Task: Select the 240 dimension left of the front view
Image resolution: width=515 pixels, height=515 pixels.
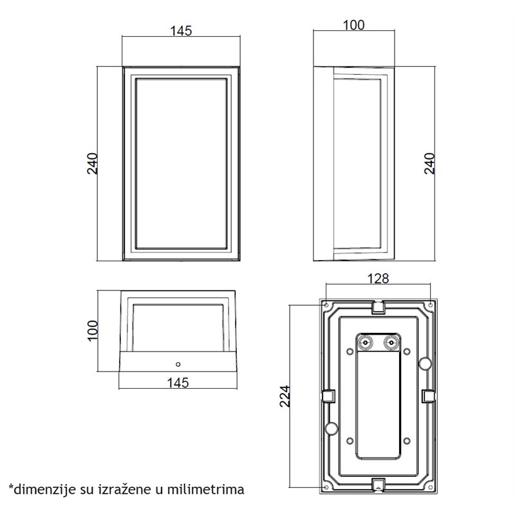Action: click(93, 164)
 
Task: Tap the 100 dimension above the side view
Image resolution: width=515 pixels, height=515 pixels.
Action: click(353, 25)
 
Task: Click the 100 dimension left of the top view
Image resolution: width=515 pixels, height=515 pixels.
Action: click(93, 330)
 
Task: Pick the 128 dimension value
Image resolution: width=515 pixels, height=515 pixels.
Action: click(377, 279)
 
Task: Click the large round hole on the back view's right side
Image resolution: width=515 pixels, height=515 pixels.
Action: click(425, 364)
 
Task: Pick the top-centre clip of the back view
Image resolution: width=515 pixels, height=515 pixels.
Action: click(378, 308)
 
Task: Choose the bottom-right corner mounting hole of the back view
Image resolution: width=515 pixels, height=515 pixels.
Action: click(429, 487)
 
